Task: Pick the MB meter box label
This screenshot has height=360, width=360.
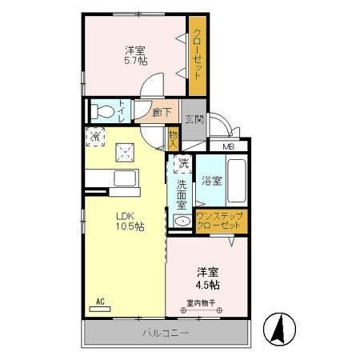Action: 229,146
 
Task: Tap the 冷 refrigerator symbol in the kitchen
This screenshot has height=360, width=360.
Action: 95,137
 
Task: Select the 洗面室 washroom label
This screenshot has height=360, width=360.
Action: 182,194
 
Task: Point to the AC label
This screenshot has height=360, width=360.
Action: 101,302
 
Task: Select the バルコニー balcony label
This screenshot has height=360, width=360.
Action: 166,331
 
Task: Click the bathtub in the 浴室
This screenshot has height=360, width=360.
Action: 236,180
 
